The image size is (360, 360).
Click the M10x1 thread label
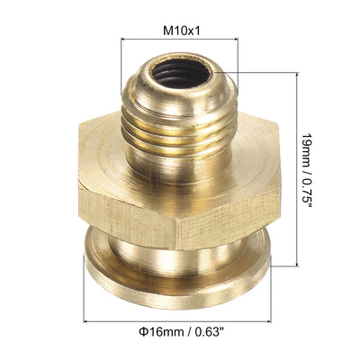click(x=180, y=29)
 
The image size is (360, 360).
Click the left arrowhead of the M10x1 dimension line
click(x=123, y=39)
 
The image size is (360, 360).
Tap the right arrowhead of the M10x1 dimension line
click(x=237, y=39)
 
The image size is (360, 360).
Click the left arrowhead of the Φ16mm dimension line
click(x=87, y=320)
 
